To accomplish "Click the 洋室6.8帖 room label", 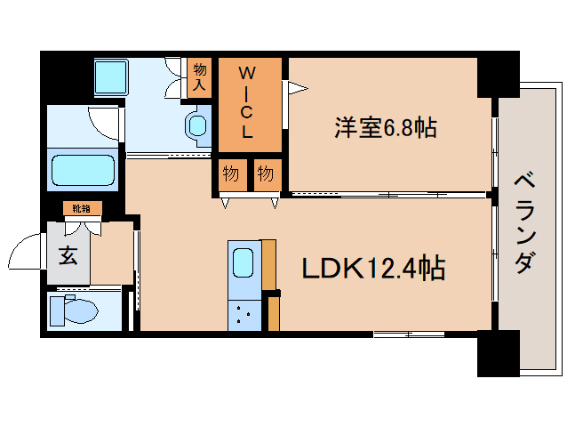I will (x=385, y=128).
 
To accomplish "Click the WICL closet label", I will (x=250, y=102).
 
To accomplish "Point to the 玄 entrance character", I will (x=68, y=255).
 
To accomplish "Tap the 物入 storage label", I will (x=200, y=77).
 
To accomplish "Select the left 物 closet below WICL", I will (x=230, y=173).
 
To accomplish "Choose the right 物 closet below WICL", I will (x=265, y=173).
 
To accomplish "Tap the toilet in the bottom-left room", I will (x=76, y=310).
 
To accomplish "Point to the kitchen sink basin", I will (x=244, y=263).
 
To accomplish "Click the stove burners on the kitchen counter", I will (x=244, y=312).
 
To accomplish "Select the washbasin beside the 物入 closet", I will (x=196, y=125).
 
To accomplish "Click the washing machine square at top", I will (x=112, y=77).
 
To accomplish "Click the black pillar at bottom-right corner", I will (x=498, y=353).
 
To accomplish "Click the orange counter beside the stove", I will (x=273, y=312).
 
